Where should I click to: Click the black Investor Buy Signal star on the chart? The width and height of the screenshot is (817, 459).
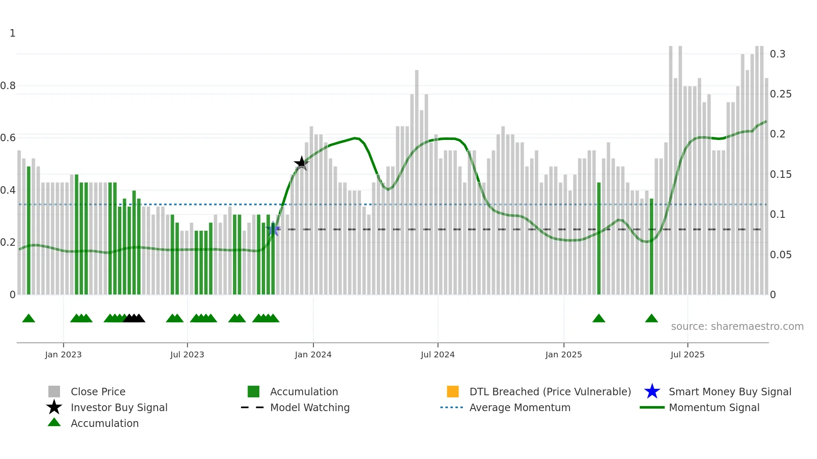301,163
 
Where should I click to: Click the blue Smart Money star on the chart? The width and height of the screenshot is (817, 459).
273,229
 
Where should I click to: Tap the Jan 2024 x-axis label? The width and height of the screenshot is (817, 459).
313,354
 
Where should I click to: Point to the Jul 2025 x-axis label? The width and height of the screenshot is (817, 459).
687,354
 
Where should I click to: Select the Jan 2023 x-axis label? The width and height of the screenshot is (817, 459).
63,354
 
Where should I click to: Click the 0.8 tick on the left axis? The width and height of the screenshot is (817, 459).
8,86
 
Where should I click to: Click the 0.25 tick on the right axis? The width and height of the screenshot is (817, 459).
780,94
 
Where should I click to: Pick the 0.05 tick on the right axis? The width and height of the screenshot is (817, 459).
780,254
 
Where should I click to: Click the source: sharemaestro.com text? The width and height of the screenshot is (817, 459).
737,327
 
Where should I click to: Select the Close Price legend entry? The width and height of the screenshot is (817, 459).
98,392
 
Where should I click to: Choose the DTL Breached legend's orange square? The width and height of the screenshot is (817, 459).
453,392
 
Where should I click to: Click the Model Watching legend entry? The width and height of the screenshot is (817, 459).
309,407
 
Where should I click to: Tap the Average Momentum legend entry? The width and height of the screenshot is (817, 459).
519,407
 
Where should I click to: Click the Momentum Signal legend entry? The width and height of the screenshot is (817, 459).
714,407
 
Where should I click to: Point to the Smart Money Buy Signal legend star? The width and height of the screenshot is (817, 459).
652,392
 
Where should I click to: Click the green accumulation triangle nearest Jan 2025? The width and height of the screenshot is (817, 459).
599,319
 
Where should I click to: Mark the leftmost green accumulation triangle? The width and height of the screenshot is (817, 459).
28,319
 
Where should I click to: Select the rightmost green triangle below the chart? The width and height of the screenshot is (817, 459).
651,319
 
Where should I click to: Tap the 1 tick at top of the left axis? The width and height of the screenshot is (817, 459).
13,33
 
